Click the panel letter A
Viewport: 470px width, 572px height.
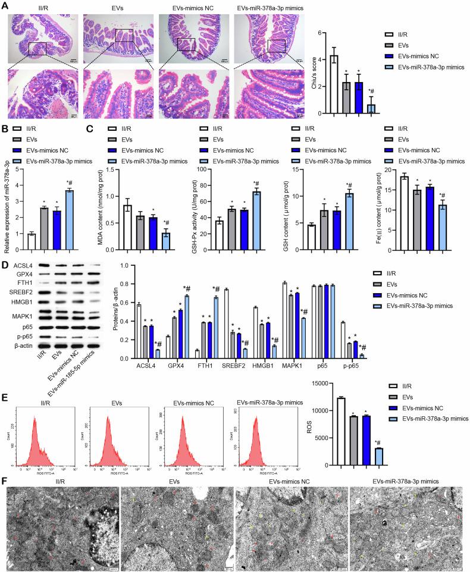coord(5,5)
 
